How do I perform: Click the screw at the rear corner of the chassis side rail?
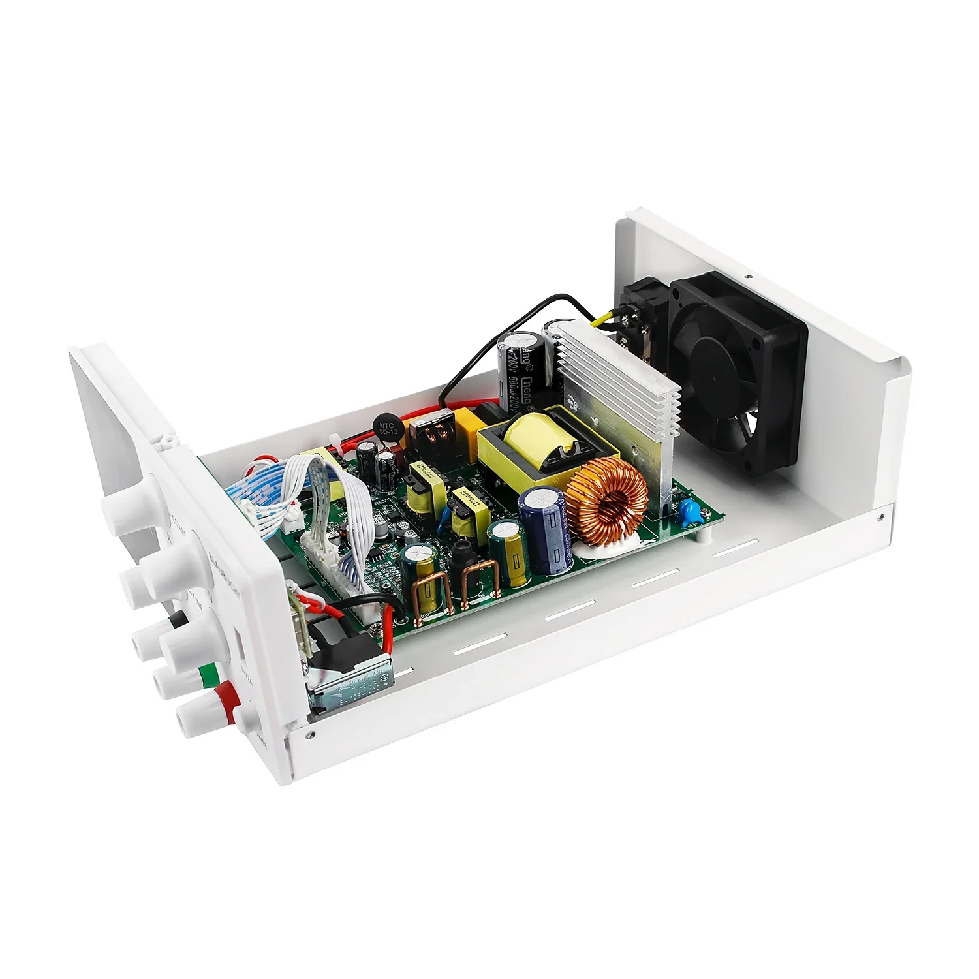880,515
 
